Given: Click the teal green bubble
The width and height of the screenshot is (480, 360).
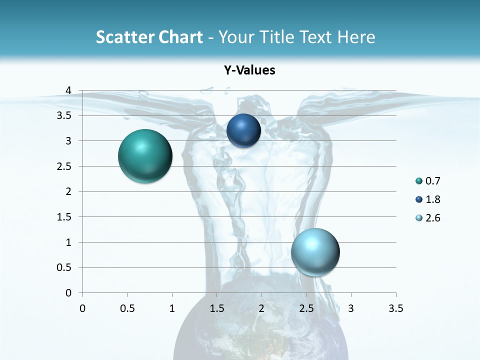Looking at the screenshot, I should click(145, 156).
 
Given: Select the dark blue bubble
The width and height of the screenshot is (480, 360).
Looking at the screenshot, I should click(243, 130).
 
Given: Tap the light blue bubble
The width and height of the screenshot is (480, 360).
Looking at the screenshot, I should click(315, 252).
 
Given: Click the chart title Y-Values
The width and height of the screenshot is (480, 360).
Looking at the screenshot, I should click(249, 70).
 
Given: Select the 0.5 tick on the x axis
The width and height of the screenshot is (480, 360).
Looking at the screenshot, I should click(127, 308).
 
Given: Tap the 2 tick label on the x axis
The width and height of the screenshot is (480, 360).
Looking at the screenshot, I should click(261, 308).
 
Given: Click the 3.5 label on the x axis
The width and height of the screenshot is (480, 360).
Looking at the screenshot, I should click(396, 308).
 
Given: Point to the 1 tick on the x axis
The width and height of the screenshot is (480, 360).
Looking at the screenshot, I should click(172, 308).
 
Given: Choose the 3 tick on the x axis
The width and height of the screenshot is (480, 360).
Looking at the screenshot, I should click(351, 308).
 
